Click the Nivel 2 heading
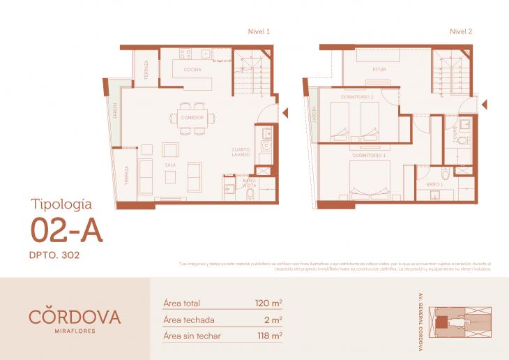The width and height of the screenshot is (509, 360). coord(461,31)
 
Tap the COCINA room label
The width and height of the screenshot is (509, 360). coord(192,70)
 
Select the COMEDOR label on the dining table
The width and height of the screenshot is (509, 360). coord(192,117)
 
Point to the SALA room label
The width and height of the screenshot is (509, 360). coord(170,165)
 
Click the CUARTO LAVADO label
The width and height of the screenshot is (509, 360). coord(242,152)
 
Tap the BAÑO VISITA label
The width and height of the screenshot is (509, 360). coord(249,183)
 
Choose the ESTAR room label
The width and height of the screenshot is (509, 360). coord(379,70)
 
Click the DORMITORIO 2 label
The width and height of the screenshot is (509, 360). coord(357,96)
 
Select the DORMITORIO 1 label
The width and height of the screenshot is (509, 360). coord(370,155)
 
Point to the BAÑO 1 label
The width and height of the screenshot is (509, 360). coord(434,183)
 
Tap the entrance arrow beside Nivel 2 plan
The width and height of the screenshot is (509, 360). coord(485,104)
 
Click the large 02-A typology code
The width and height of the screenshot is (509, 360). coord(67,230)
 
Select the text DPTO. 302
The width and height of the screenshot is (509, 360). coord(55,255)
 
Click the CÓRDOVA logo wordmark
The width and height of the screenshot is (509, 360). coord(75,316)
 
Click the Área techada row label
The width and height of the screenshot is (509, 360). coord(188,320)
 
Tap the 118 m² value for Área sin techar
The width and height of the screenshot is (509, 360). coord(268,336)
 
